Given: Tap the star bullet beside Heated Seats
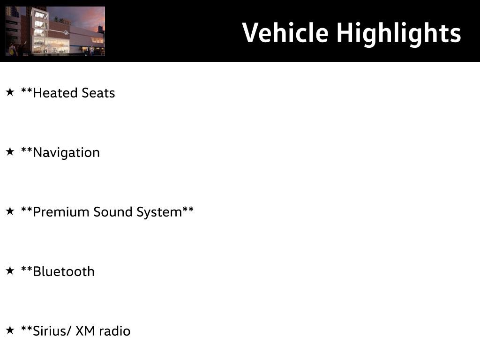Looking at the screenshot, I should click(x=10, y=92).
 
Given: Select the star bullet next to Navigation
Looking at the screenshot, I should click(x=10, y=151).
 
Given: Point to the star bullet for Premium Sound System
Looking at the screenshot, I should click(x=10, y=211).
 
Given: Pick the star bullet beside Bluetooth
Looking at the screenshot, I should click(x=10, y=270).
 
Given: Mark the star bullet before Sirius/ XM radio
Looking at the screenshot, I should click(x=10, y=330).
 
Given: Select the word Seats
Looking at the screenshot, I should click(x=98, y=93).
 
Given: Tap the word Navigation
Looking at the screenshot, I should click(x=66, y=152).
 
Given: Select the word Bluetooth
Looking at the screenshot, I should click(x=64, y=271).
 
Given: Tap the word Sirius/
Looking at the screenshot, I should click(x=52, y=331).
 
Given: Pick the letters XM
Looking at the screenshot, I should click(x=85, y=331).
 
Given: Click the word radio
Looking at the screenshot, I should click(x=115, y=331).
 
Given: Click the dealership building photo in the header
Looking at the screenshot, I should click(x=55, y=31).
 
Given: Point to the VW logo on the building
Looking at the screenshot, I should click(x=66, y=33).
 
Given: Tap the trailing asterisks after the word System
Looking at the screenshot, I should click(x=188, y=210).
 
